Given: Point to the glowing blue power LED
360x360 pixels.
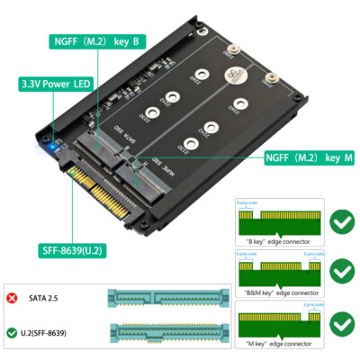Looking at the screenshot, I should click(56, 145).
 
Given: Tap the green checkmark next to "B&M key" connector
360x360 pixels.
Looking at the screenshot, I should click(341, 270).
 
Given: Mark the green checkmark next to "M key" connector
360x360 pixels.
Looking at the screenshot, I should click(341, 323).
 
